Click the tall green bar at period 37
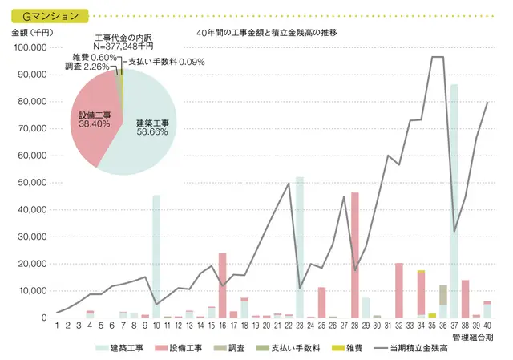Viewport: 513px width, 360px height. (x=454, y=200)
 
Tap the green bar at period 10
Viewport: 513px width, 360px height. (x=156, y=257)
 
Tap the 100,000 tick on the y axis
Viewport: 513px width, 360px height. (x=30, y=47)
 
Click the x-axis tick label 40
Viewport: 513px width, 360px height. (x=487, y=326)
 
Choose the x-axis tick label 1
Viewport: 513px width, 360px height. (x=58, y=326)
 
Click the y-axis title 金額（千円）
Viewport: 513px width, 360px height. (x=33, y=33)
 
